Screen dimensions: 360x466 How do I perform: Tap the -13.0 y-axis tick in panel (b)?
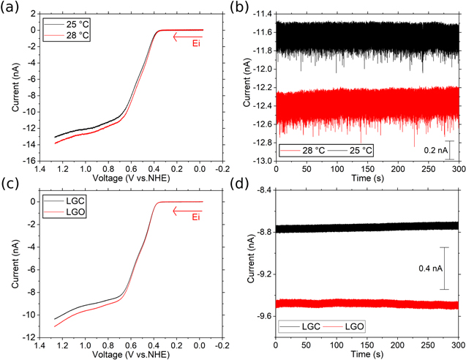coord(259,161)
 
